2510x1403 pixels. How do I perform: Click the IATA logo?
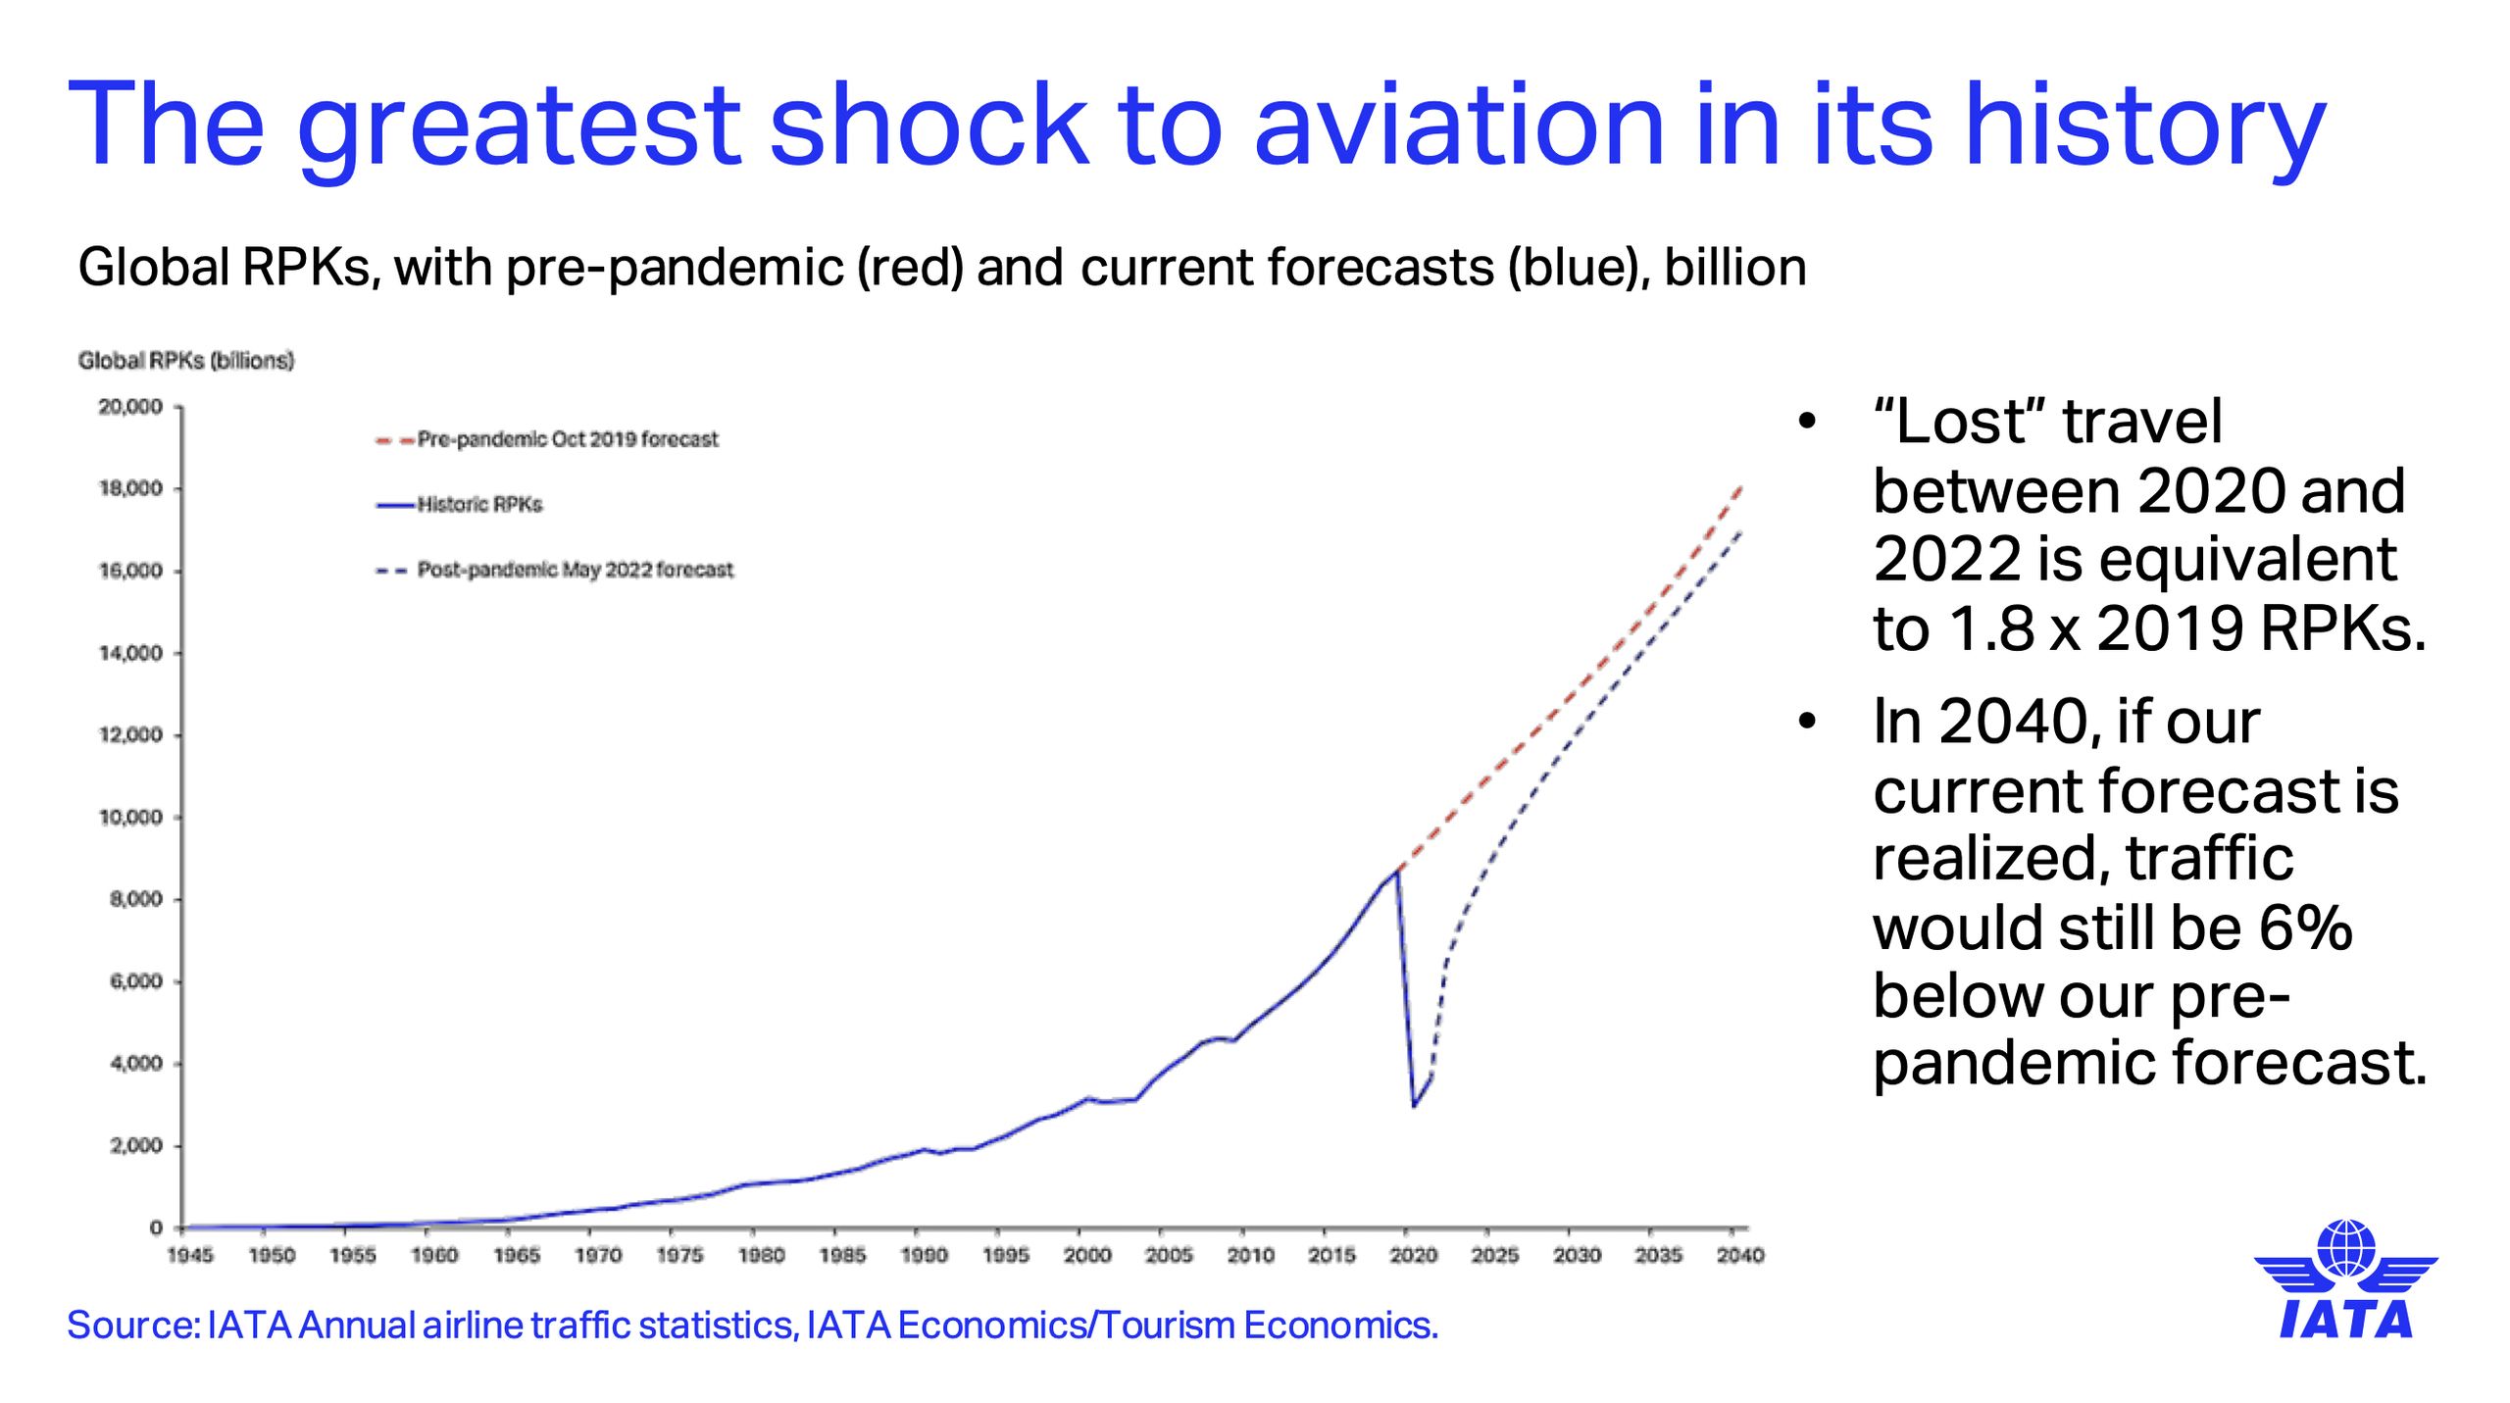(x=2345, y=1279)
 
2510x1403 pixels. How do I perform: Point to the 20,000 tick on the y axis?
(x=130, y=407)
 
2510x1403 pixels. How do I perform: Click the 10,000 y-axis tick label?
(x=130, y=818)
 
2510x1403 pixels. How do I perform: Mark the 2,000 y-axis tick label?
(x=135, y=1146)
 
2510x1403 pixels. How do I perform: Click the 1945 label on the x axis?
(x=189, y=1256)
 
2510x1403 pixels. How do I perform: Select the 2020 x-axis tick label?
(x=1413, y=1256)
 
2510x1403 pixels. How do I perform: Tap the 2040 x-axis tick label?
(x=1739, y=1256)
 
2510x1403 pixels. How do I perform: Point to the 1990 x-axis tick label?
(x=924, y=1256)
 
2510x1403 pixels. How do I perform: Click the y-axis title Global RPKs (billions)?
(x=185, y=361)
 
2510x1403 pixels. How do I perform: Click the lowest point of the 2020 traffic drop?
(x=1414, y=1106)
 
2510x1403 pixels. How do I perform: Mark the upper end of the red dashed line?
(x=1741, y=485)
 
